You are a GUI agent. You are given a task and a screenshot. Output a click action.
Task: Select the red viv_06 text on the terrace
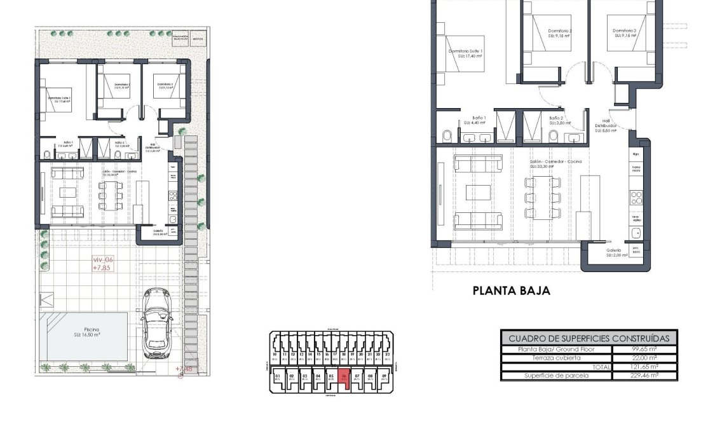pyautogui.click(x=102, y=259)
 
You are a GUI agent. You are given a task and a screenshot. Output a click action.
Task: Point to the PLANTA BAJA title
pyautogui.click(x=511, y=291)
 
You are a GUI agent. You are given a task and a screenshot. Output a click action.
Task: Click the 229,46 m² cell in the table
pyautogui.click(x=644, y=376)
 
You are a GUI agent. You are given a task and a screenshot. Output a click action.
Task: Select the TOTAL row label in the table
pyautogui.click(x=599, y=367)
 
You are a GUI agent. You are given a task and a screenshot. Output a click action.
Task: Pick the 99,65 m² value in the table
pyautogui.click(x=644, y=349)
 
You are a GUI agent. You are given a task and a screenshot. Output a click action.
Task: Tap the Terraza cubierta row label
pyautogui.click(x=555, y=358)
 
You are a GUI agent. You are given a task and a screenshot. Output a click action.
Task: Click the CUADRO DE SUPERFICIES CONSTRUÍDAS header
pyautogui.click(x=589, y=338)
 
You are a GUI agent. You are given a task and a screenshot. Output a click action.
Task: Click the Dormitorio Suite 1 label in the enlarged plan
pyautogui.click(x=466, y=53)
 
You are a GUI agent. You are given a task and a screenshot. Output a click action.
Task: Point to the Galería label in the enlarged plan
pyautogui.click(x=613, y=250)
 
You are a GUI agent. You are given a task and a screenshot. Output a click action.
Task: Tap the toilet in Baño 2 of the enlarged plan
pyautogui.click(x=554, y=137)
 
